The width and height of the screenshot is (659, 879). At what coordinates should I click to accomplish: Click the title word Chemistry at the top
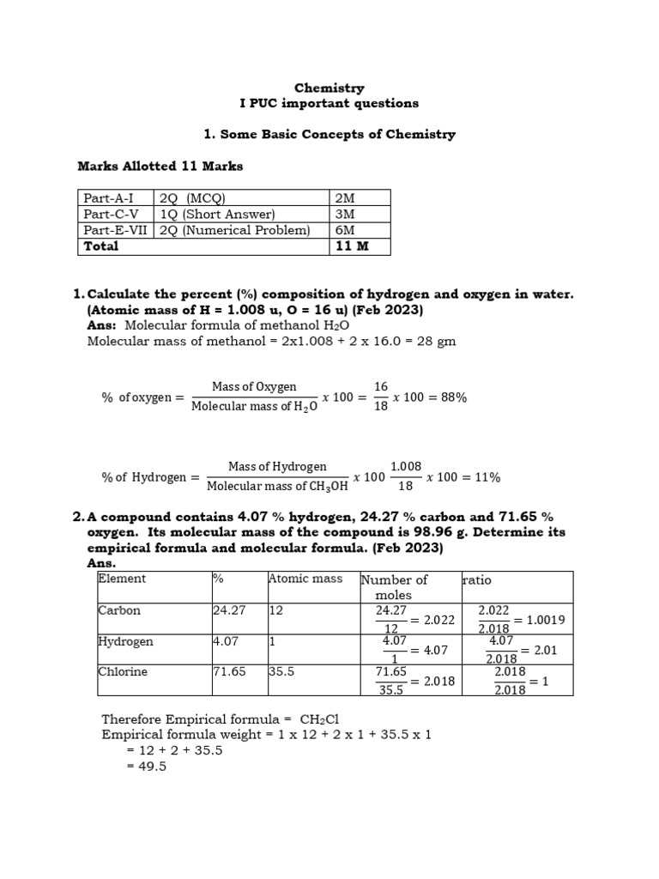[329, 88]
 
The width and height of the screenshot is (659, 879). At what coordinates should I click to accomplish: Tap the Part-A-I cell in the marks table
[106, 198]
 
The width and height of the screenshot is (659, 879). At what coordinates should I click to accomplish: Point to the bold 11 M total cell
[351, 246]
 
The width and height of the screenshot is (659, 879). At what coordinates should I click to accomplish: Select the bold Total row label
[100, 246]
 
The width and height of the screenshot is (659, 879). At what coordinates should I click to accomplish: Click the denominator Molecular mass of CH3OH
[276, 487]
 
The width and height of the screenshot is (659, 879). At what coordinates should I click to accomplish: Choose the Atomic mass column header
[305, 579]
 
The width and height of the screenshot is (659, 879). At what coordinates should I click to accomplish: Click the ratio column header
[477, 580]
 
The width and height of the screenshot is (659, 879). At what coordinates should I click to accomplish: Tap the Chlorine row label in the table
[123, 672]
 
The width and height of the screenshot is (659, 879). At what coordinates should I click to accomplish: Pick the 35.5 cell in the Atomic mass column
[282, 672]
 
